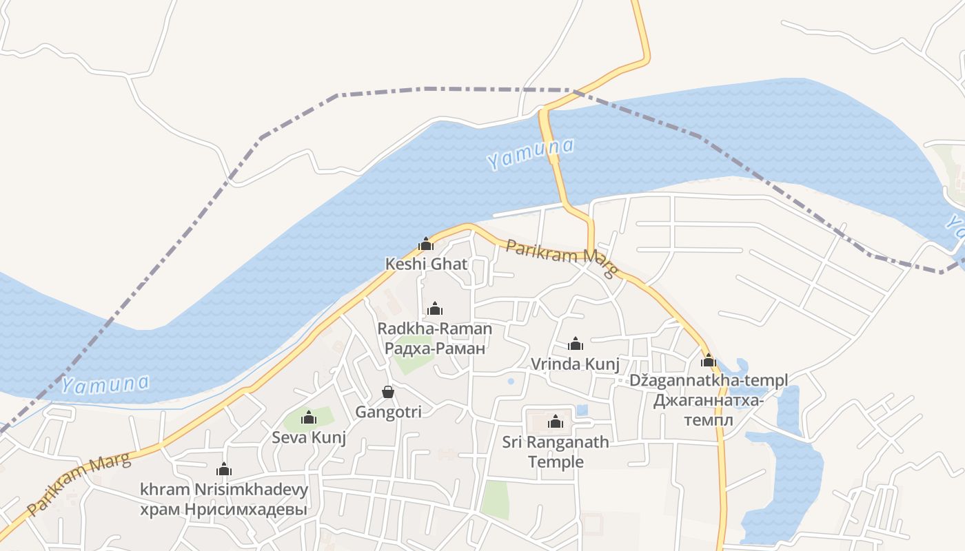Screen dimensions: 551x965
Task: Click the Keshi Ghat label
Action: click(x=426, y=264)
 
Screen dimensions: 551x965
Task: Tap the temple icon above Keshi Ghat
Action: click(x=426, y=244)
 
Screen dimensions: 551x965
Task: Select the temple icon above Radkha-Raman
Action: click(x=435, y=309)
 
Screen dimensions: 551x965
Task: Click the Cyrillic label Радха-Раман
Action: click(x=435, y=349)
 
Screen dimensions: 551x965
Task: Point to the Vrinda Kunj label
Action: click(x=575, y=364)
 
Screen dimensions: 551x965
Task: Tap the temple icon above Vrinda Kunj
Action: click(x=576, y=344)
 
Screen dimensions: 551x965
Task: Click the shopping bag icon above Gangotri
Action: click(x=388, y=392)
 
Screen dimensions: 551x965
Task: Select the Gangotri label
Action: click(x=388, y=412)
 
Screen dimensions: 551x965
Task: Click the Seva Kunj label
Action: click(x=309, y=437)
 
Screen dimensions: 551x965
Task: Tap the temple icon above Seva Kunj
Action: click(x=309, y=417)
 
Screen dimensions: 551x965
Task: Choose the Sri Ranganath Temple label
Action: click(x=556, y=452)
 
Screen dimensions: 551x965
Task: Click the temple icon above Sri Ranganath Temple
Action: click(x=556, y=422)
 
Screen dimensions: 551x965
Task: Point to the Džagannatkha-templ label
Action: click(x=709, y=380)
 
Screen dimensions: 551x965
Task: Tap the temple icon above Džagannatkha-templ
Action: click(x=709, y=360)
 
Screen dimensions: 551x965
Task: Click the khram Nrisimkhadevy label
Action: click(x=224, y=490)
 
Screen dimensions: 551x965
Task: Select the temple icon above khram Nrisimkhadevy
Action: click(x=224, y=470)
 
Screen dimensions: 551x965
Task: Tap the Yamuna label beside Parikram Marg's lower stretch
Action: click(x=105, y=384)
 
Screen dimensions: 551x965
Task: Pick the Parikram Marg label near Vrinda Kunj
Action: click(x=560, y=259)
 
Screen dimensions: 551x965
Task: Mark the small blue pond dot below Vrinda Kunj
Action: click(x=511, y=381)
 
